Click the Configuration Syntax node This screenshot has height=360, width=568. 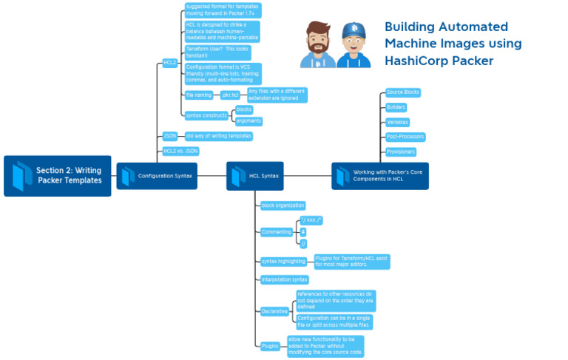(157, 176)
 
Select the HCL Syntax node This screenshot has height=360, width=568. (254, 176)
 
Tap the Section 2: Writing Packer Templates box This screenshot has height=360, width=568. (58, 176)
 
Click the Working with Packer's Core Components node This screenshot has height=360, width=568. (380, 176)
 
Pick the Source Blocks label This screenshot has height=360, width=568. (403, 92)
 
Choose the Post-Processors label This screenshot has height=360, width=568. (405, 137)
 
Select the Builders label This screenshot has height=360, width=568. (396, 107)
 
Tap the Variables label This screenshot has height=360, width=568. (397, 122)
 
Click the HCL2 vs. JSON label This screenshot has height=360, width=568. (181, 151)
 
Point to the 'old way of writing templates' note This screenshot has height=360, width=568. (219, 136)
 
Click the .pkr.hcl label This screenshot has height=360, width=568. (229, 95)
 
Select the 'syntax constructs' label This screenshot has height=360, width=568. (206, 115)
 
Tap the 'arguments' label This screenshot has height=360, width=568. (248, 120)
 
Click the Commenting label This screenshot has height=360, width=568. (276, 232)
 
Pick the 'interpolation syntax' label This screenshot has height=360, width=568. (285, 279)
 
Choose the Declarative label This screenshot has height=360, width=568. (274, 311)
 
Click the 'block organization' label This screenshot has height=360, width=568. (283, 206)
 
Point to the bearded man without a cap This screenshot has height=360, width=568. (317, 45)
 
